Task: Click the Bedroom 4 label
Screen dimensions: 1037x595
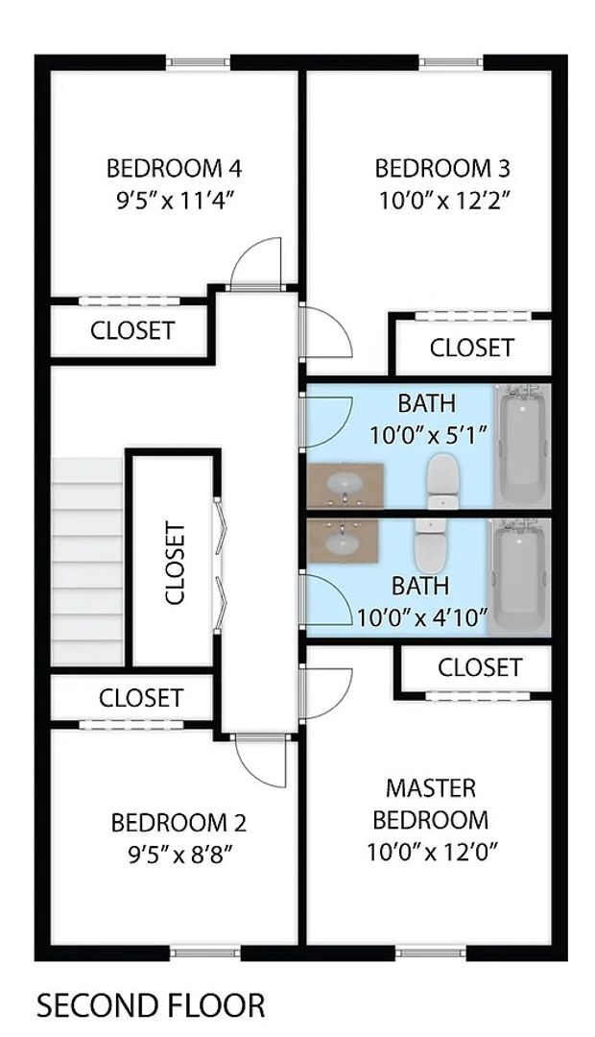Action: [174, 169]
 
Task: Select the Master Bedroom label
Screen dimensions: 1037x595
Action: [430, 805]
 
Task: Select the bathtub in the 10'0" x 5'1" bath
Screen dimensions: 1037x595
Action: [522, 444]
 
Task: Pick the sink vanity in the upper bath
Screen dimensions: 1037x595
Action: [345, 486]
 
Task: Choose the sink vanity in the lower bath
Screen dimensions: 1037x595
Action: [342, 543]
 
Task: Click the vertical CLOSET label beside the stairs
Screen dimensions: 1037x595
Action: [175, 563]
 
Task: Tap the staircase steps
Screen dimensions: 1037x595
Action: [88, 561]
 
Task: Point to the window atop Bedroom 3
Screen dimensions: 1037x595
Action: [451, 63]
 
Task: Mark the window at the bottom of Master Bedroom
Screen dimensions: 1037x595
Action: [430, 953]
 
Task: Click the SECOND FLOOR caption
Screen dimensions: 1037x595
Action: [151, 1006]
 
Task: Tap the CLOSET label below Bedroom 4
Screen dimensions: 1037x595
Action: [132, 331]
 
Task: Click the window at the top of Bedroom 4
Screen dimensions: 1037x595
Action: [199, 63]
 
